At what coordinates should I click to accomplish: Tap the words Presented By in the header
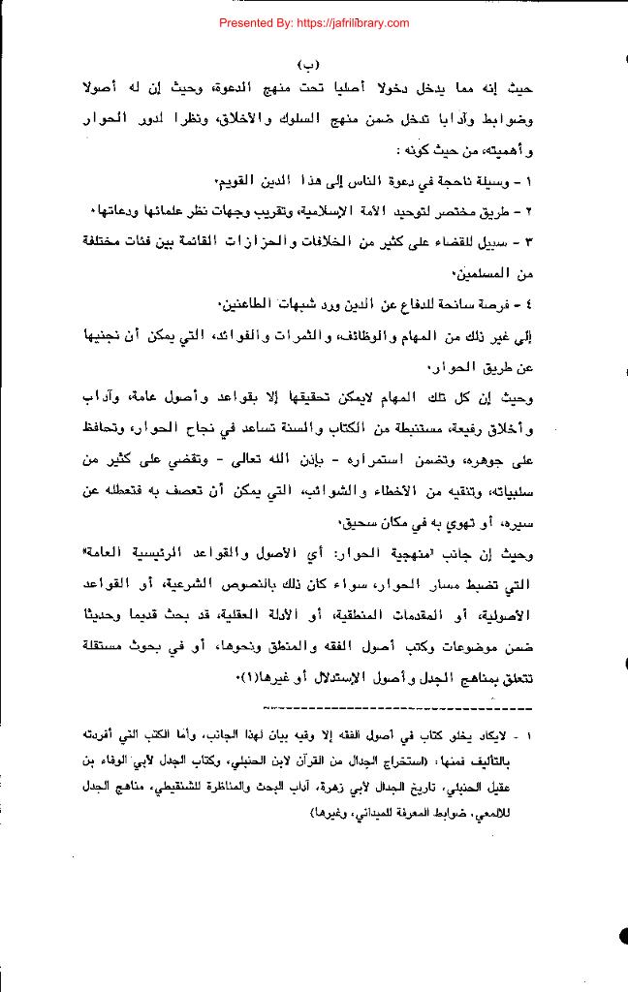[x=256, y=22]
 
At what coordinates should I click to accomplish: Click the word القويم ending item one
[x=241, y=182]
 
